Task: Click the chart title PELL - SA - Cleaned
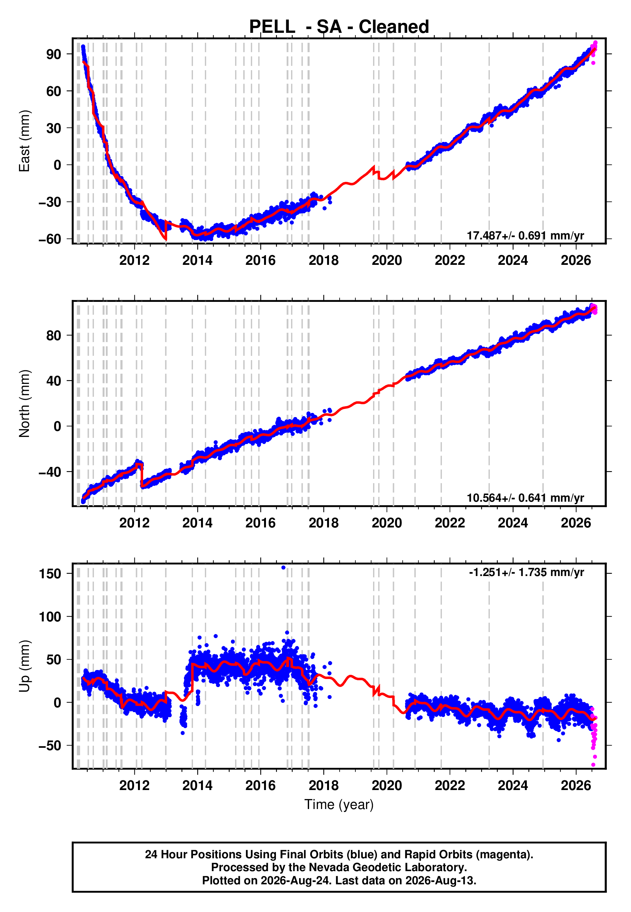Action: click(x=339, y=27)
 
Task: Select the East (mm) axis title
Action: click(x=24, y=141)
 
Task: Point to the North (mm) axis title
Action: click(x=24, y=404)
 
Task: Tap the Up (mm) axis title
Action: click(x=24, y=666)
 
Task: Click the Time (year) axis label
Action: click(x=339, y=805)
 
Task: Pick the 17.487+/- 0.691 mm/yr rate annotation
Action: click(x=525, y=236)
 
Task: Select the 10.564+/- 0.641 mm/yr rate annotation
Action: click(x=525, y=498)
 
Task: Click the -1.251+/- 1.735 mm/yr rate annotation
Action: click(x=526, y=572)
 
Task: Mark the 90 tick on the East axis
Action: click(x=54, y=54)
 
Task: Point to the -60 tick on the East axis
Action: click(x=50, y=239)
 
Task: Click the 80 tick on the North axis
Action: click(x=54, y=335)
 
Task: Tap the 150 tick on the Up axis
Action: click(x=50, y=573)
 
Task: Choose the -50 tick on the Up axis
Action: click(x=50, y=746)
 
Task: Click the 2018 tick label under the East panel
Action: click(x=324, y=260)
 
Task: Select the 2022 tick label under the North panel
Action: click(x=450, y=523)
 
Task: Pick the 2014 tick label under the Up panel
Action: click(x=197, y=785)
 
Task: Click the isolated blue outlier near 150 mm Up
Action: click(x=283, y=568)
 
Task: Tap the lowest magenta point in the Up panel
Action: click(x=593, y=765)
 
